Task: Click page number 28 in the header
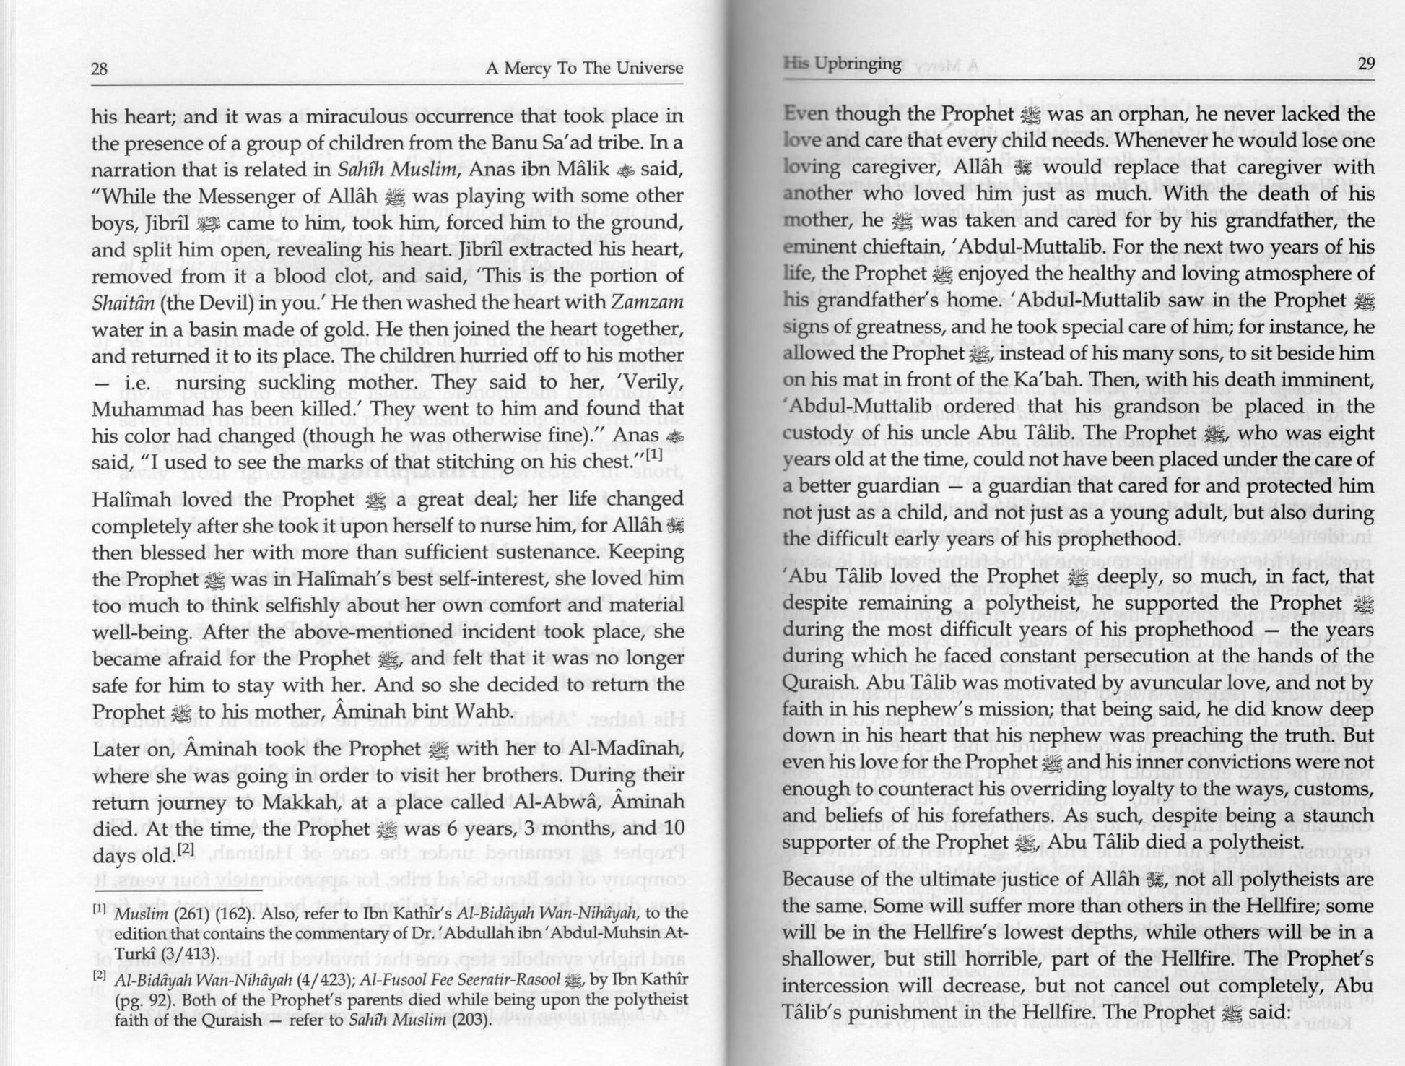(x=100, y=69)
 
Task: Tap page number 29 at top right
(x=1366, y=64)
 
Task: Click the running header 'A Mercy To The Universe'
(x=584, y=69)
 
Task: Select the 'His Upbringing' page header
(x=843, y=64)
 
